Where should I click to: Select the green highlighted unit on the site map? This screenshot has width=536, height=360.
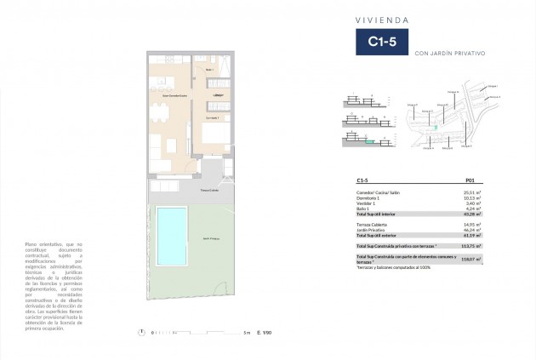pos(436,128)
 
